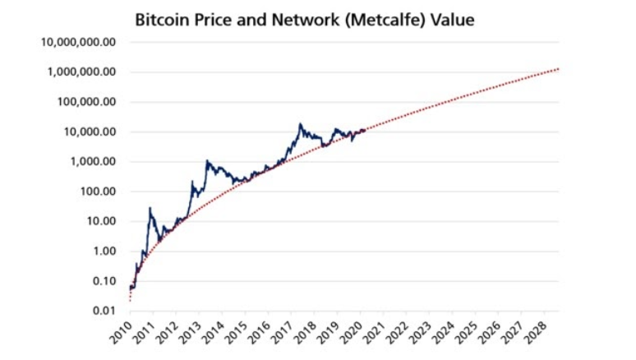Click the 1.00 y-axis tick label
(x=102, y=252)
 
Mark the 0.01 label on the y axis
(x=102, y=311)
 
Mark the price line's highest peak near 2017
(x=301, y=124)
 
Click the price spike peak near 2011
(x=150, y=208)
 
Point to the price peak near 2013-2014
(x=207, y=161)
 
